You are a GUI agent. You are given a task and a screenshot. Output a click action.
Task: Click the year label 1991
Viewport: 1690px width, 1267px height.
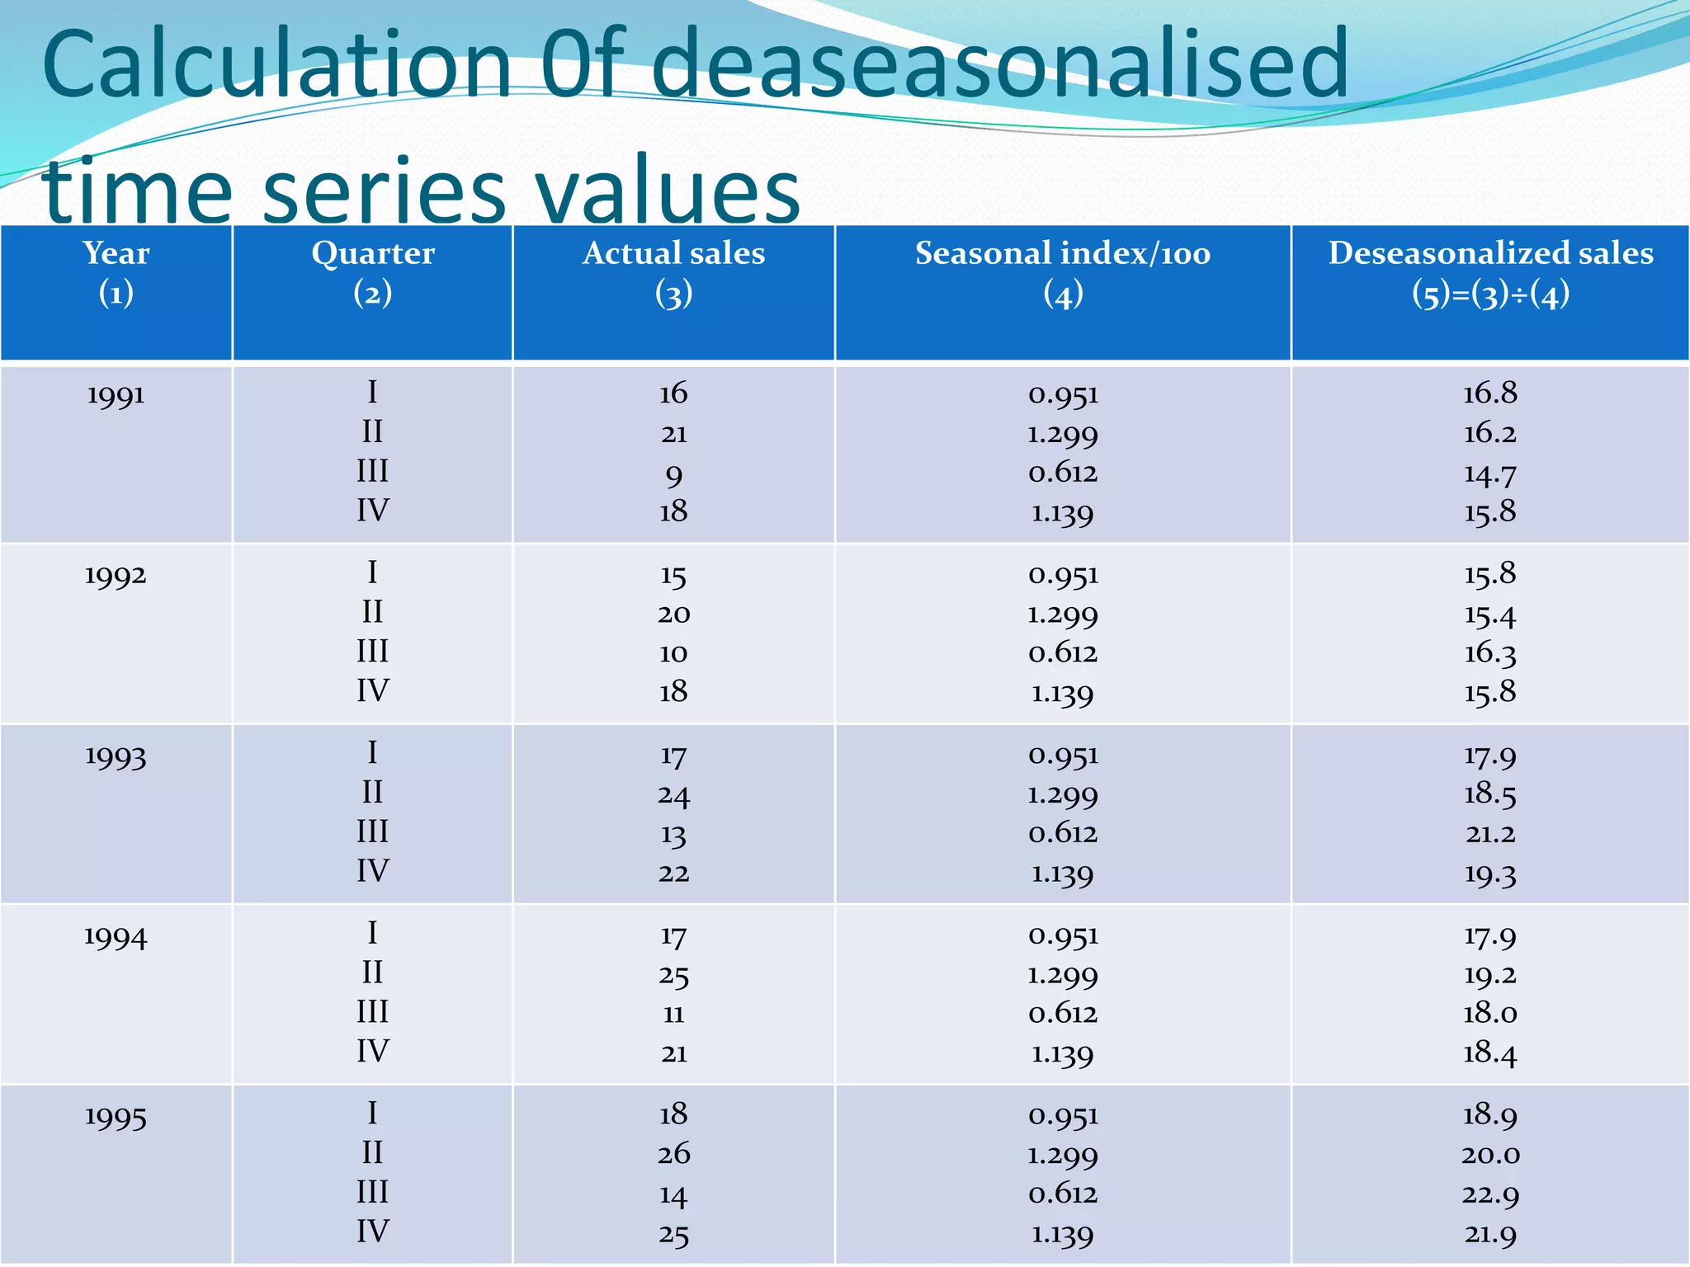pyautogui.click(x=116, y=395)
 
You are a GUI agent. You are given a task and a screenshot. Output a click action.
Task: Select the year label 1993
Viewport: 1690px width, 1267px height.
pyautogui.click(x=116, y=756)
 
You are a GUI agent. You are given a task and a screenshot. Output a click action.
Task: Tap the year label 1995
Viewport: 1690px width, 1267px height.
pyautogui.click(x=116, y=1117)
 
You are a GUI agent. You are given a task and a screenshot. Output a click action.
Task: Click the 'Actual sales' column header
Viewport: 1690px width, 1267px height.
pyautogui.click(x=673, y=253)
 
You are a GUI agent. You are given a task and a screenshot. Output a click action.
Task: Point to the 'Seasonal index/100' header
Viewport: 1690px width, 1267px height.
pyautogui.click(x=1063, y=253)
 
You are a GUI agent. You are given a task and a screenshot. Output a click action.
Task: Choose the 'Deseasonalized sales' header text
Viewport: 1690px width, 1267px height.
pyautogui.click(x=1490, y=253)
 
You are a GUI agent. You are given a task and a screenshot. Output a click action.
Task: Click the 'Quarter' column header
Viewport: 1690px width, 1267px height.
pyautogui.click(x=372, y=253)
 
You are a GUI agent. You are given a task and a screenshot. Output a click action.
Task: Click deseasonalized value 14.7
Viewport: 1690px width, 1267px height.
pyautogui.click(x=1489, y=474)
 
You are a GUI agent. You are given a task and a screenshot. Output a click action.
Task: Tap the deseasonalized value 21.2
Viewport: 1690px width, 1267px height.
pyautogui.click(x=1490, y=834)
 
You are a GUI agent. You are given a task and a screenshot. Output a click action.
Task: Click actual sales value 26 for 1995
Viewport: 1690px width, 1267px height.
pyautogui.click(x=673, y=1153)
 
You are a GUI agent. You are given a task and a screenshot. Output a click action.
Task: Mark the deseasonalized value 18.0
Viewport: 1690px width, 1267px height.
pyautogui.click(x=1489, y=1013)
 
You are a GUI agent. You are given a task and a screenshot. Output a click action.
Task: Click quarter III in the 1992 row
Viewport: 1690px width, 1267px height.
pyautogui.click(x=372, y=652)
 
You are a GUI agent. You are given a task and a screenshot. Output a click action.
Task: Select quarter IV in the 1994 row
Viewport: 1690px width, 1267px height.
pyautogui.click(x=372, y=1052)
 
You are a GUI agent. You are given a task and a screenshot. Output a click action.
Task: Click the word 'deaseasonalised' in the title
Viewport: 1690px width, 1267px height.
pyautogui.click(x=999, y=64)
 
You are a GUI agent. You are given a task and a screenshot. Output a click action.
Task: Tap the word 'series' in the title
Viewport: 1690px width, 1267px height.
pyautogui.click(x=384, y=191)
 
